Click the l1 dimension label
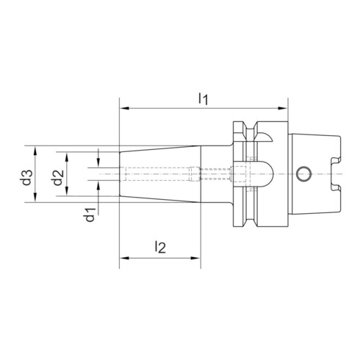(205, 98)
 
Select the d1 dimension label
(88, 215)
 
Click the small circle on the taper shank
(303, 173)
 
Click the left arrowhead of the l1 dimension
(123, 109)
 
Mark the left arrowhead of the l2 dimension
(123, 259)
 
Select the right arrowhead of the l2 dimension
(199, 259)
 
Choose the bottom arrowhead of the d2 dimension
(67, 192)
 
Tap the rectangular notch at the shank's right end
(335, 174)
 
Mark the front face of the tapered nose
(120, 174)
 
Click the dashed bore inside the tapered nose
(158, 174)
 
